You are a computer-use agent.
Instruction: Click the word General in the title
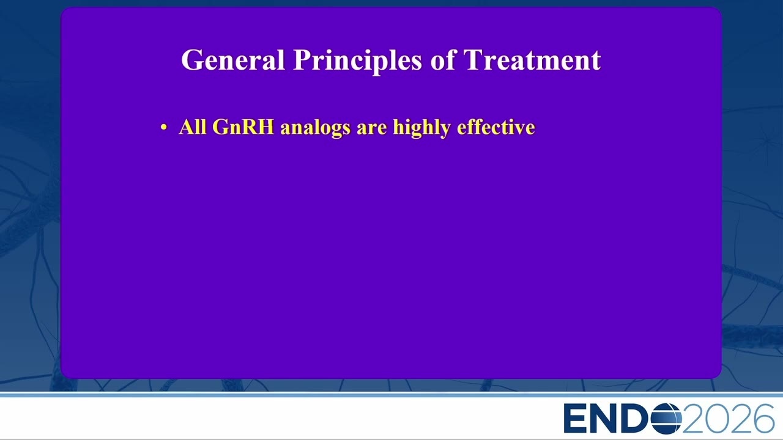pos(233,60)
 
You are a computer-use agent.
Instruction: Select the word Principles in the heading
pos(358,62)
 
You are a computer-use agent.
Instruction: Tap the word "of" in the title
pos(443,59)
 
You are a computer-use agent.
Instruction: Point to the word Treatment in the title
pos(532,60)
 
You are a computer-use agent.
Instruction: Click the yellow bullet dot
pos(163,128)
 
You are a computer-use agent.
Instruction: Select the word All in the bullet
pos(193,127)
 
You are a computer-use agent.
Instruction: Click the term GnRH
pos(243,127)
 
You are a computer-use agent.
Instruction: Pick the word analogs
pos(315,128)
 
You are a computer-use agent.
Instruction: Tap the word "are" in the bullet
pos(371,129)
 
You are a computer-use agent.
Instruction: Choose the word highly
pos(422,128)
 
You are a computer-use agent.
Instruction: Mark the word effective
pos(496,127)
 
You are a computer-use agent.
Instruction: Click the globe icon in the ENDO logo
pos(666,419)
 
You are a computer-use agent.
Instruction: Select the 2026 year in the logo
pos(728,419)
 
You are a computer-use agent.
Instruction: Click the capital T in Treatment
pos(473,60)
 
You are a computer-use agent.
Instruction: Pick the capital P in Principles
pos(302,60)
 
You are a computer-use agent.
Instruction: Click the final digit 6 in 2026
pos(763,419)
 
